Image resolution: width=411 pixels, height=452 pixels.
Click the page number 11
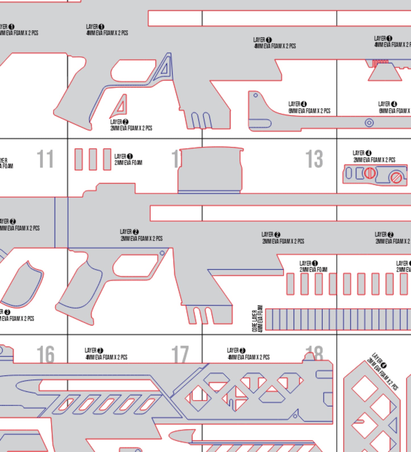pos(45,159)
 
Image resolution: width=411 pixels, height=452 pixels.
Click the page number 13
pos(314,159)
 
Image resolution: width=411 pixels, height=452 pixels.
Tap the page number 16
pos(46,354)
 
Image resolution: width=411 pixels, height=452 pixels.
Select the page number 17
pos(180,354)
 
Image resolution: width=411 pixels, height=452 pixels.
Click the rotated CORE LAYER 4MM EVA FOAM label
pos(257,319)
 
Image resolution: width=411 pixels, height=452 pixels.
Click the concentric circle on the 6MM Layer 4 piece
pos(369,123)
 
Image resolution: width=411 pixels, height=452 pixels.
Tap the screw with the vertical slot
pos(370,173)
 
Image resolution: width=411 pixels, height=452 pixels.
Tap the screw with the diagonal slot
pos(396,178)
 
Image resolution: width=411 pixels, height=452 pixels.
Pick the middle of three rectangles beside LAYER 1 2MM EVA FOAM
pos(93,159)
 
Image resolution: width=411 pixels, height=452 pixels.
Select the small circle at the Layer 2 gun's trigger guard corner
pos(162,253)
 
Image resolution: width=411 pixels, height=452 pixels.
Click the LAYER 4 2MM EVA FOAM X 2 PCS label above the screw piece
pos(374,157)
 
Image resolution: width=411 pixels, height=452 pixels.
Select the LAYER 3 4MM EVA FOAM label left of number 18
pos(248,354)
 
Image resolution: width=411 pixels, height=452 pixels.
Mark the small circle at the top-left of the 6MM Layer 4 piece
pos(255,95)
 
